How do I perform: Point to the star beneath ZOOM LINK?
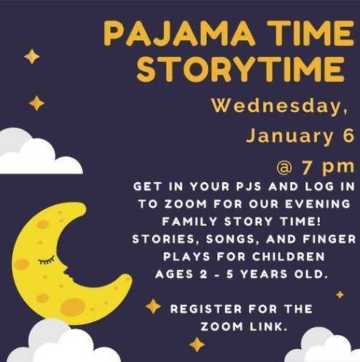click(x=196, y=345)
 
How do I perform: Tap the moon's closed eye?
click(x=46, y=261)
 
